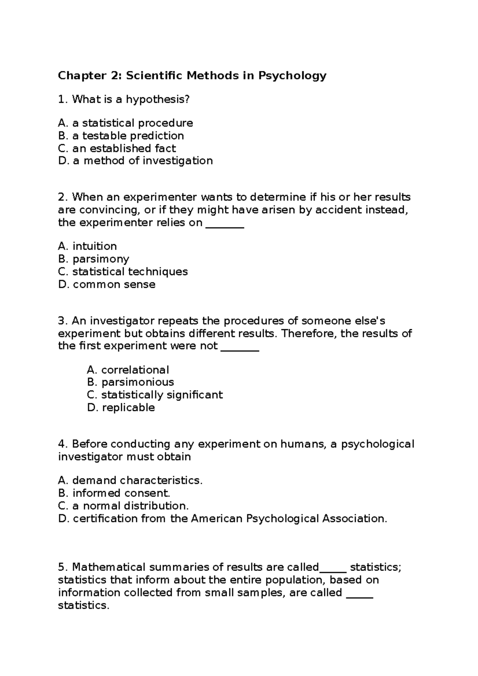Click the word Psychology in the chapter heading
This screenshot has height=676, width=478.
[292, 76]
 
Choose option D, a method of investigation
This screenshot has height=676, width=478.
[135, 161]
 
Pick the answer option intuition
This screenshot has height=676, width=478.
[94, 246]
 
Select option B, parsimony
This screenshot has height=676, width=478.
[101, 259]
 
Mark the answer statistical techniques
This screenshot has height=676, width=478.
[130, 272]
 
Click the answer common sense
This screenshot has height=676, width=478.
[114, 285]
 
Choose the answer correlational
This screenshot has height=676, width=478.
[135, 370]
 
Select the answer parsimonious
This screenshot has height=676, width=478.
[137, 383]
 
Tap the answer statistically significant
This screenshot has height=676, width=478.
[162, 395]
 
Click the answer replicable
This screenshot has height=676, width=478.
[128, 408]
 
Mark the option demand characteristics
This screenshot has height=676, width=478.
[137, 481]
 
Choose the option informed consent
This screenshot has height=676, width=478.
[121, 494]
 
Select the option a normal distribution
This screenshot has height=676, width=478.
[130, 506]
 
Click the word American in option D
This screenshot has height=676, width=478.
[216, 519]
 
